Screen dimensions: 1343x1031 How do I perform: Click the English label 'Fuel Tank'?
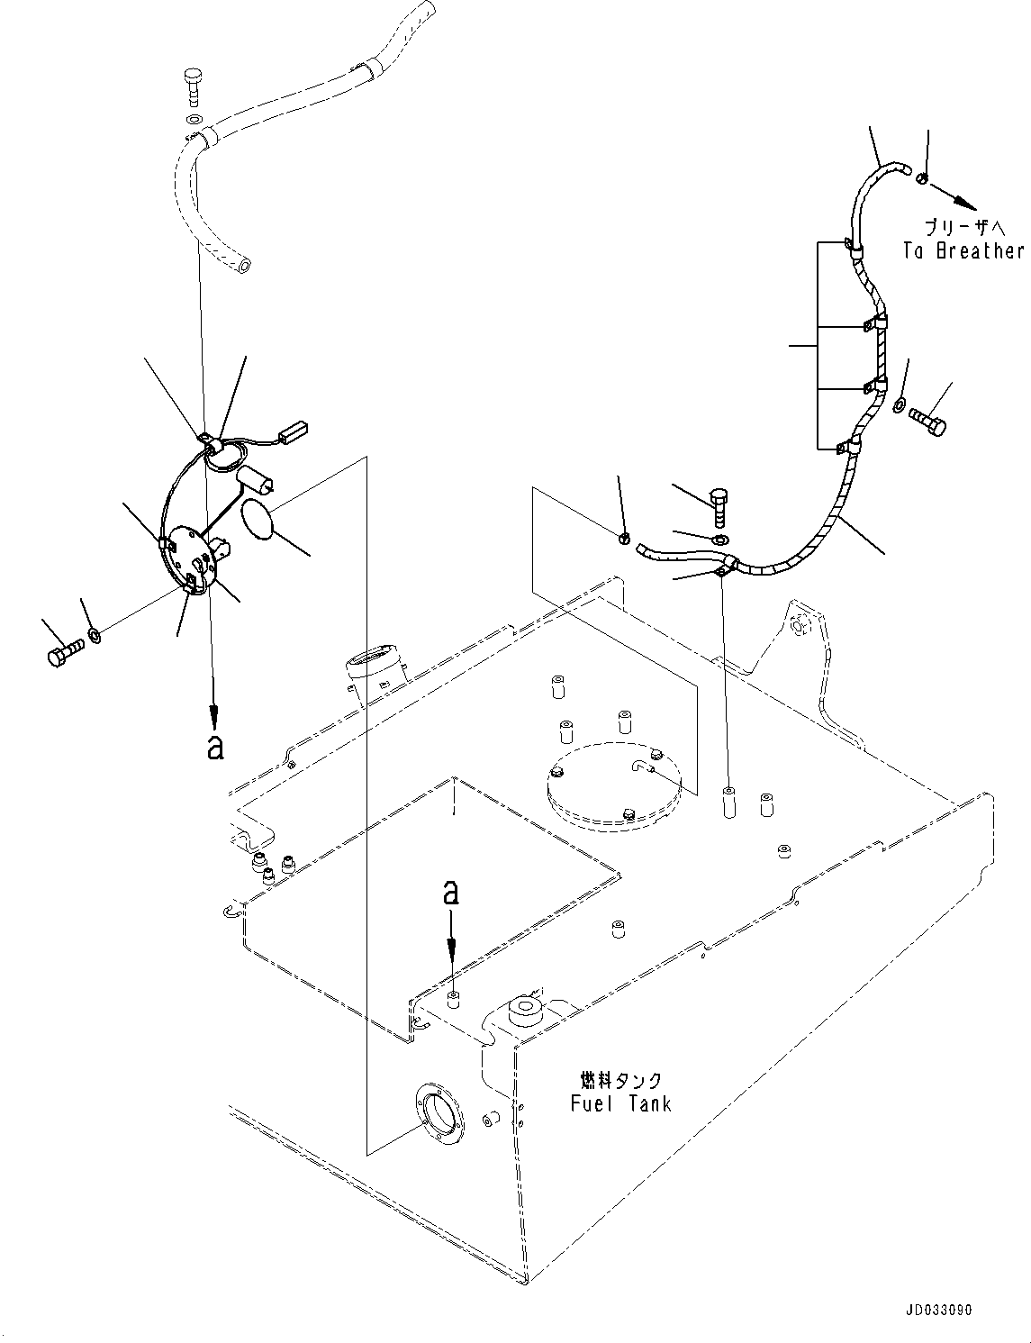(x=620, y=1103)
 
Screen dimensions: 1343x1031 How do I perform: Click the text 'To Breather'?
(x=963, y=251)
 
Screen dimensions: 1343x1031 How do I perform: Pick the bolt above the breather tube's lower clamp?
(x=719, y=506)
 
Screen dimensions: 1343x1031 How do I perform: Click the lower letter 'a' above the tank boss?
(x=451, y=894)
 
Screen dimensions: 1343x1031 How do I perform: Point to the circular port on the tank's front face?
(x=439, y=1113)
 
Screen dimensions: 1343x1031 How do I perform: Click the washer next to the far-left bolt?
(x=95, y=639)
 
